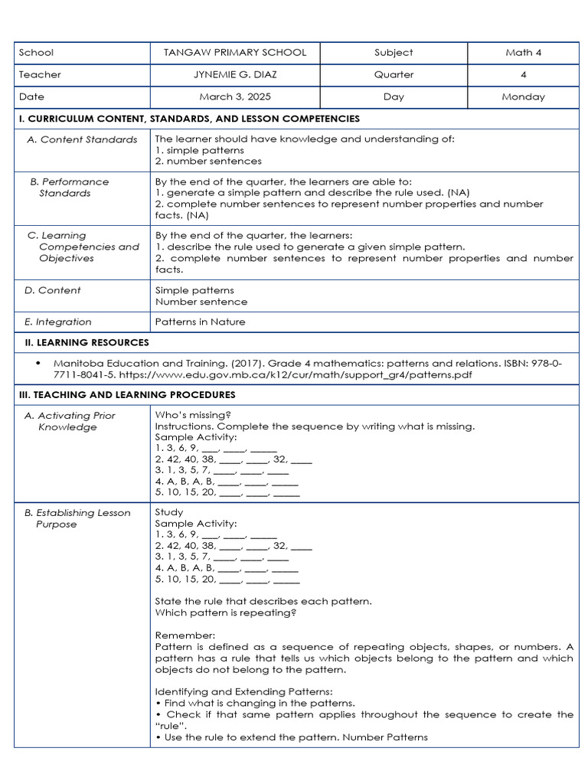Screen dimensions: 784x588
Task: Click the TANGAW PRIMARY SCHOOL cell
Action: click(235, 53)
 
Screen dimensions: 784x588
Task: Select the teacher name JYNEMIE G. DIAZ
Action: click(235, 75)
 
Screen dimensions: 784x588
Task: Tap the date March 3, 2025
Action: click(235, 97)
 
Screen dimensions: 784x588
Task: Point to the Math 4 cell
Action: click(523, 53)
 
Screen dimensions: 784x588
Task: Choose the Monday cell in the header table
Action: click(523, 97)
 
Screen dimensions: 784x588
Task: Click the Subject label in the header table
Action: click(394, 53)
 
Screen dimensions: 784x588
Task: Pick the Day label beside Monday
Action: click(394, 97)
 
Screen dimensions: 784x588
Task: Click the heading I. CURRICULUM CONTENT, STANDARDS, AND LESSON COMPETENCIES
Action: click(189, 119)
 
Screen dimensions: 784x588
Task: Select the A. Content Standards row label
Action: click(82, 139)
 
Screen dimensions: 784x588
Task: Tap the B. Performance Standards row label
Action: click(70, 188)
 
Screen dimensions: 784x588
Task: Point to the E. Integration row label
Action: click(58, 322)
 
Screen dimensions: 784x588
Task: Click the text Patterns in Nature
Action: click(200, 322)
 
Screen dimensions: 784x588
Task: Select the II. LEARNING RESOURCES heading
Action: click(84, 343)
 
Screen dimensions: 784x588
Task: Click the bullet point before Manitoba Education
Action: click(38, 364)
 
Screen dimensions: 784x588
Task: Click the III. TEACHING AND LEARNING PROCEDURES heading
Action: click(127, 395)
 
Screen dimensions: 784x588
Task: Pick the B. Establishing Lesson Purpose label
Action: click(77, 518)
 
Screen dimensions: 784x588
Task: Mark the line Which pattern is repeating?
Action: click(226, 612)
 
